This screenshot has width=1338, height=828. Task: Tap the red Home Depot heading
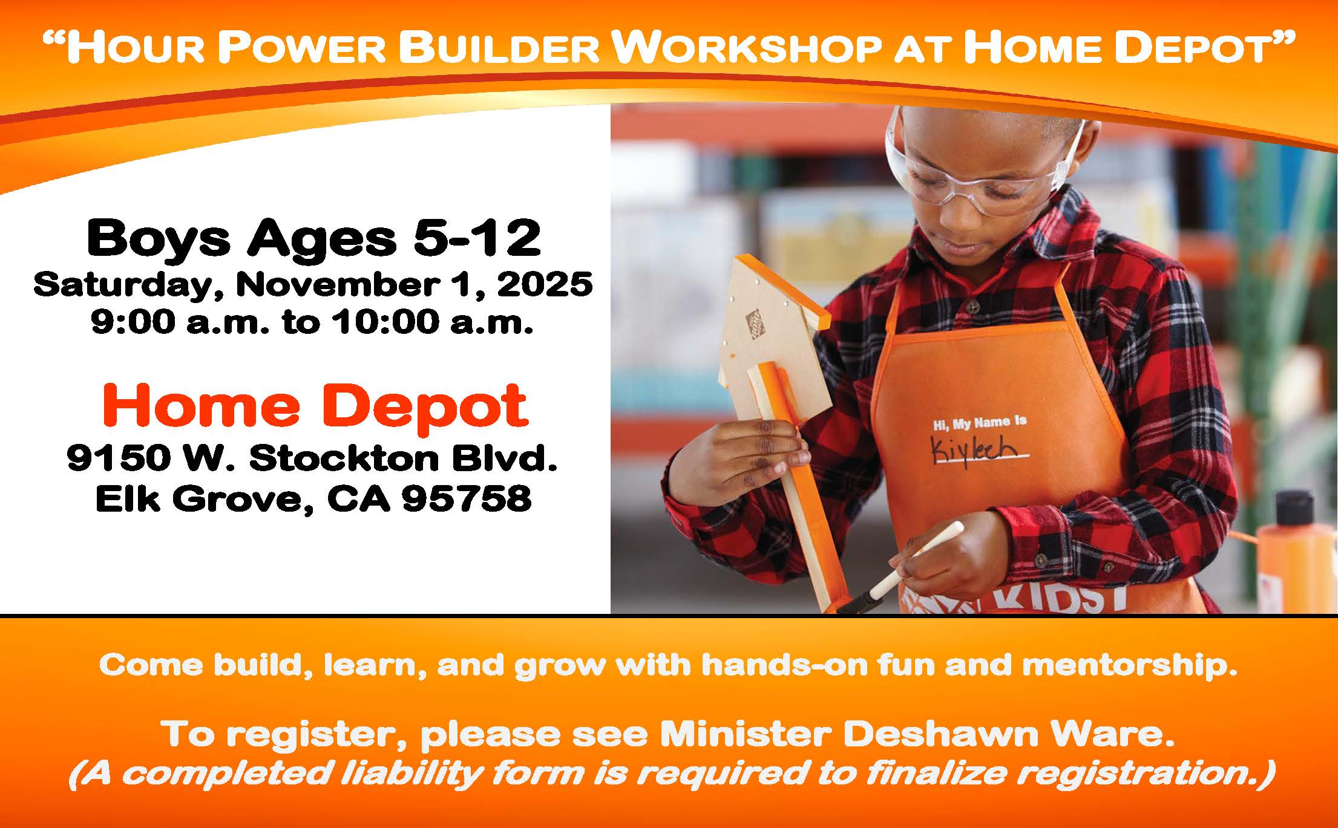(x=315, y=407)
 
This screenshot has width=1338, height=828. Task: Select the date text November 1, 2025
(x=414, y=285)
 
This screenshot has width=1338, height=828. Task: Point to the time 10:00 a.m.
(x=431, y=322)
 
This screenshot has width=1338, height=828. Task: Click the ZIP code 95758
(x=467, y=499)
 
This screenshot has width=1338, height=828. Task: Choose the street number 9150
(x=119, y=458)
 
